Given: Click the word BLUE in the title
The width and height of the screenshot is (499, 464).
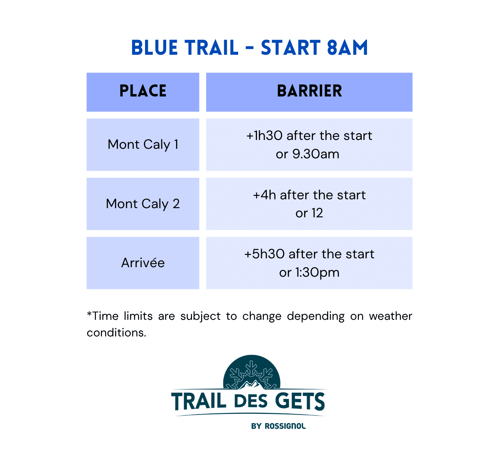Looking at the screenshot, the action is tap(155, 47).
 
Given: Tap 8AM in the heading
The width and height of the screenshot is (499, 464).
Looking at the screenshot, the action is tap(348, 47).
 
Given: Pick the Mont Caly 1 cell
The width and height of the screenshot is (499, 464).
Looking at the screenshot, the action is tap(143, 145).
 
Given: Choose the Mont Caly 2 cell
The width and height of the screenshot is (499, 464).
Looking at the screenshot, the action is tap(143, 204).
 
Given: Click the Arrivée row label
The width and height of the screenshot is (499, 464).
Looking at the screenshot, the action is tap(143, 263).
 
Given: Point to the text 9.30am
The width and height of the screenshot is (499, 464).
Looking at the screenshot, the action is tap(315, 154).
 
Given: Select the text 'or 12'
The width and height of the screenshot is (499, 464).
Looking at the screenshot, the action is tap(309, 213).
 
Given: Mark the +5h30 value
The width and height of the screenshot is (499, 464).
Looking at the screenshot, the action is tap(264, 254).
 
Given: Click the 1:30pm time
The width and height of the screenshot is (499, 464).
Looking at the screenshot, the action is tap(317, 273).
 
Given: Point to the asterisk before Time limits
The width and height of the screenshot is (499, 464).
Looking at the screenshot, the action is tap(89, 314).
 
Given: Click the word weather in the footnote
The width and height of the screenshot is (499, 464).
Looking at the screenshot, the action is tap(390, 316).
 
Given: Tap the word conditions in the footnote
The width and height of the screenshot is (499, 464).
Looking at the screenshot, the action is tap(116, 333).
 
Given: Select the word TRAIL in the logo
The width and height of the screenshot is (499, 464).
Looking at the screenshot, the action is tap(199, 401).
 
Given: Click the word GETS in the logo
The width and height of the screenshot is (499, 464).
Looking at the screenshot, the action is tap(300, 401).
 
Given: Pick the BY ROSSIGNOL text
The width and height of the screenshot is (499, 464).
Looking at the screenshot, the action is tap(278, 426).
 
